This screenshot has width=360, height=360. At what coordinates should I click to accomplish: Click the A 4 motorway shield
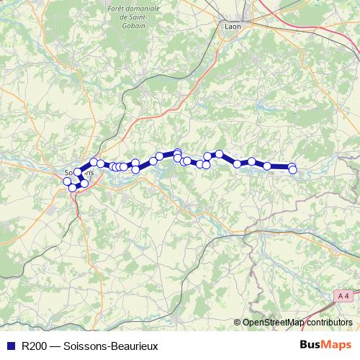tap(344, 296)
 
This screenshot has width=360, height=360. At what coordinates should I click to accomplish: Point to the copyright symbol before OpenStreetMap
tap(237, 323)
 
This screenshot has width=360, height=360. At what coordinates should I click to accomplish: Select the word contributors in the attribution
tap(328, 323)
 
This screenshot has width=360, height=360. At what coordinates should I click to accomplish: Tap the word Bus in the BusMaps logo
tap(310, 345)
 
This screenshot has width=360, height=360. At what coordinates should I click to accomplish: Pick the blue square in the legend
tap(10, 346)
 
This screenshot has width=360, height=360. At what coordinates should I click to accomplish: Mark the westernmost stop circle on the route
tap(67, 181)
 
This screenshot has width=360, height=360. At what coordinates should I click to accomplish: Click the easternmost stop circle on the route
tap(292, 168)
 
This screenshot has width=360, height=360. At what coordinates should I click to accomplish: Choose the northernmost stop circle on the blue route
tap(177, 153)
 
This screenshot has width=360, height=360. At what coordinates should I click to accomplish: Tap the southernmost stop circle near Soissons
tap(72, 188)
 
